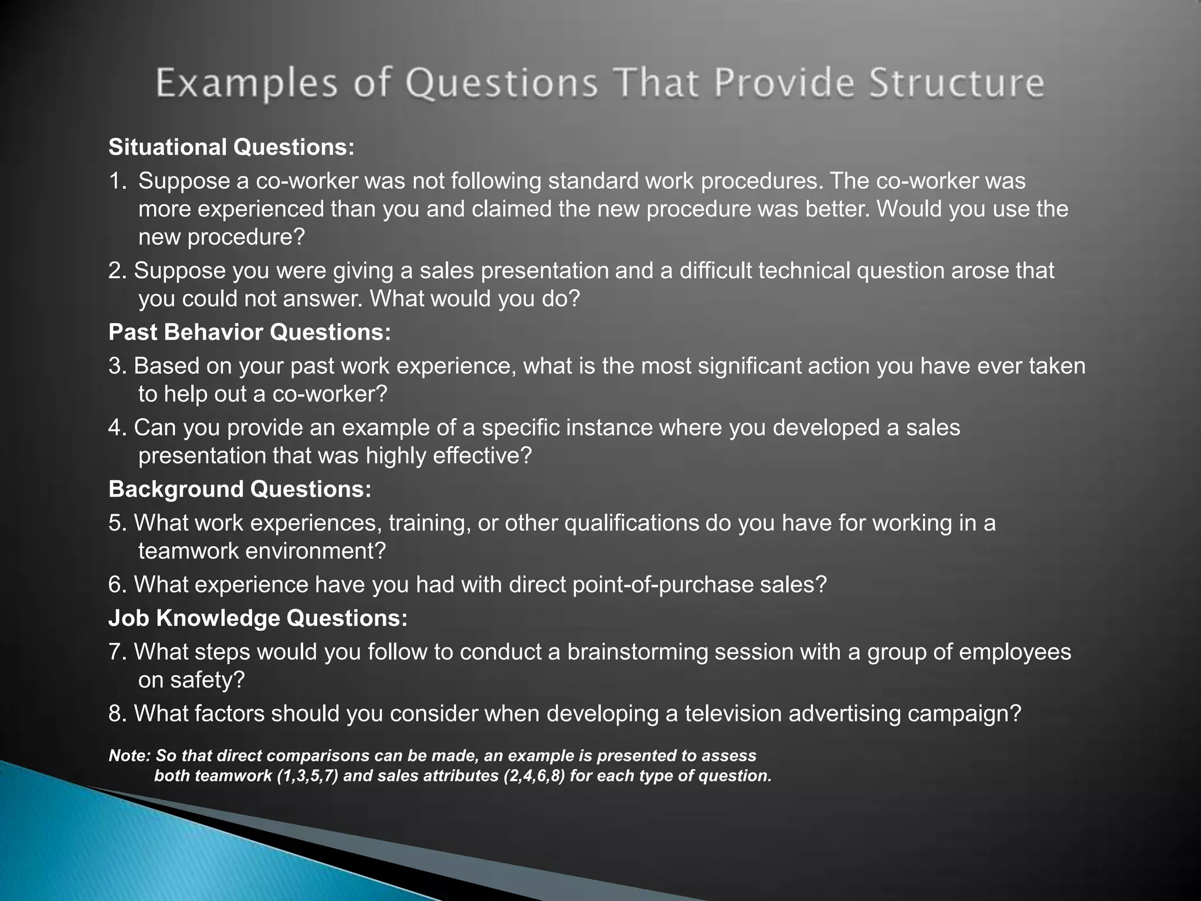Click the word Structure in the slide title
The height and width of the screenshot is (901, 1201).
click(x=956, y=83)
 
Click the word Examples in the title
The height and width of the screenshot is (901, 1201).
click(x=246, y=83)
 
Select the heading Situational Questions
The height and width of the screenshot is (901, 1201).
click(x=232, y=147)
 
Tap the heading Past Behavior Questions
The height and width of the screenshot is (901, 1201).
click(x=250, y=333)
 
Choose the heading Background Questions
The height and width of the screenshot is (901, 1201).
click(x=240, y=489)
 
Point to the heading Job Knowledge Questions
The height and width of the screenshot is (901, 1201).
click(x=258, y=618)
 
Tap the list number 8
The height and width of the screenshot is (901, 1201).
click(x=116, y=713)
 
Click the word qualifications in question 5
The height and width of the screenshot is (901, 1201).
click(x=632, y=523)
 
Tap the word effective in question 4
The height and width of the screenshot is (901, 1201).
click(x=481, y=456)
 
